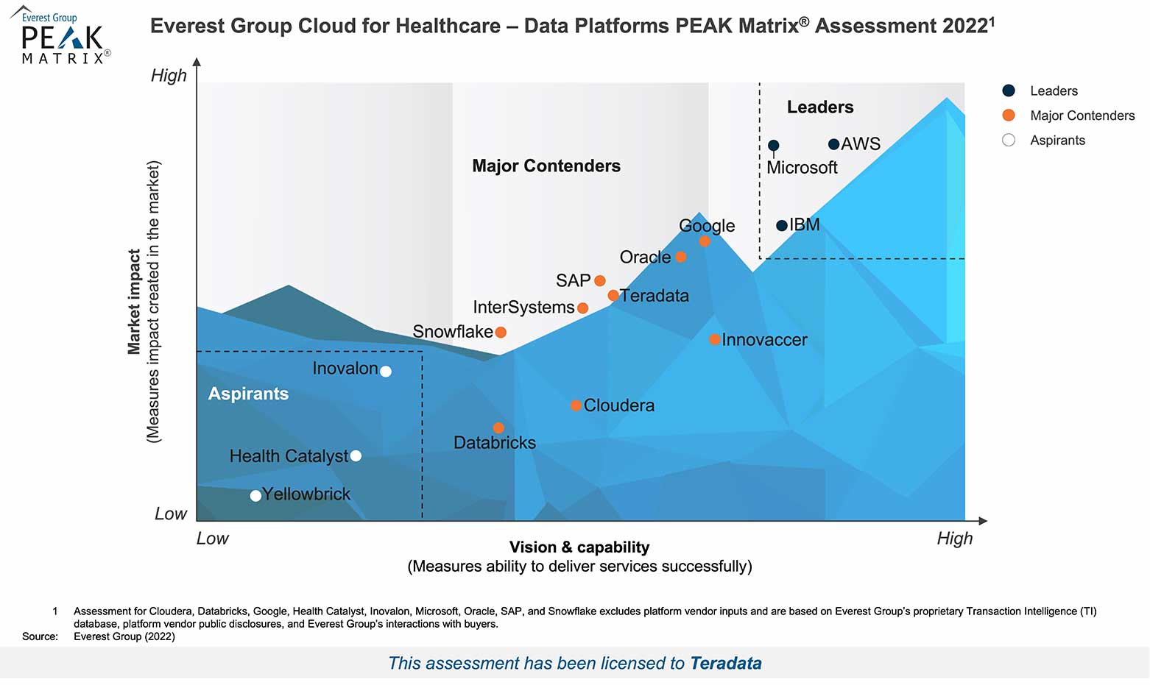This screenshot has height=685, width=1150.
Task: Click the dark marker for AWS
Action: click(833, 144)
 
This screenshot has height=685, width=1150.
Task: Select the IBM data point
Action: click(782, 225)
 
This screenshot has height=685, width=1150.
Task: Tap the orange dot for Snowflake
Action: click(501, 332)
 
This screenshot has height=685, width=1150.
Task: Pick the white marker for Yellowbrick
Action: click(255, 495)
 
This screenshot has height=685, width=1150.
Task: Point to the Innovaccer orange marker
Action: click(714, 339)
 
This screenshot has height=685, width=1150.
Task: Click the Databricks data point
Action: click(498, 427)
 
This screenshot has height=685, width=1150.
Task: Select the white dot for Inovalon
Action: click(385, 371)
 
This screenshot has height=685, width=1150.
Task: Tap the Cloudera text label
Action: click(618, 405)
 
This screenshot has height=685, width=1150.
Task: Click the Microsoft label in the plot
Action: click(802, 168)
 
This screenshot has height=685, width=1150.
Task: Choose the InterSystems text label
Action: click(523, 307)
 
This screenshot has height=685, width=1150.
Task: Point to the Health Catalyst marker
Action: click(356, 455)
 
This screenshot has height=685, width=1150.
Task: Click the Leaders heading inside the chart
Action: click(820, 107)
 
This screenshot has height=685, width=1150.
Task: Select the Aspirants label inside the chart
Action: click(248, 394)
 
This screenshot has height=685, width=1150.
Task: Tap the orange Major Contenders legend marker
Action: click(1009, 116)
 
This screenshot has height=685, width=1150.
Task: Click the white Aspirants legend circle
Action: click(1009, 140)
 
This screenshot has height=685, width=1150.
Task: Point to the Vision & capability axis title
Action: click(579, 547)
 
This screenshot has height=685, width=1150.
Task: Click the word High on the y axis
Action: click(169, 76)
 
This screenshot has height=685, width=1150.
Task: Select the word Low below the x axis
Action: click(213, 539)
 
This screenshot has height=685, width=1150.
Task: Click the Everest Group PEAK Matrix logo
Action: click(63, 37)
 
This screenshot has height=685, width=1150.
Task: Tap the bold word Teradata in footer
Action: click(726, 663)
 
